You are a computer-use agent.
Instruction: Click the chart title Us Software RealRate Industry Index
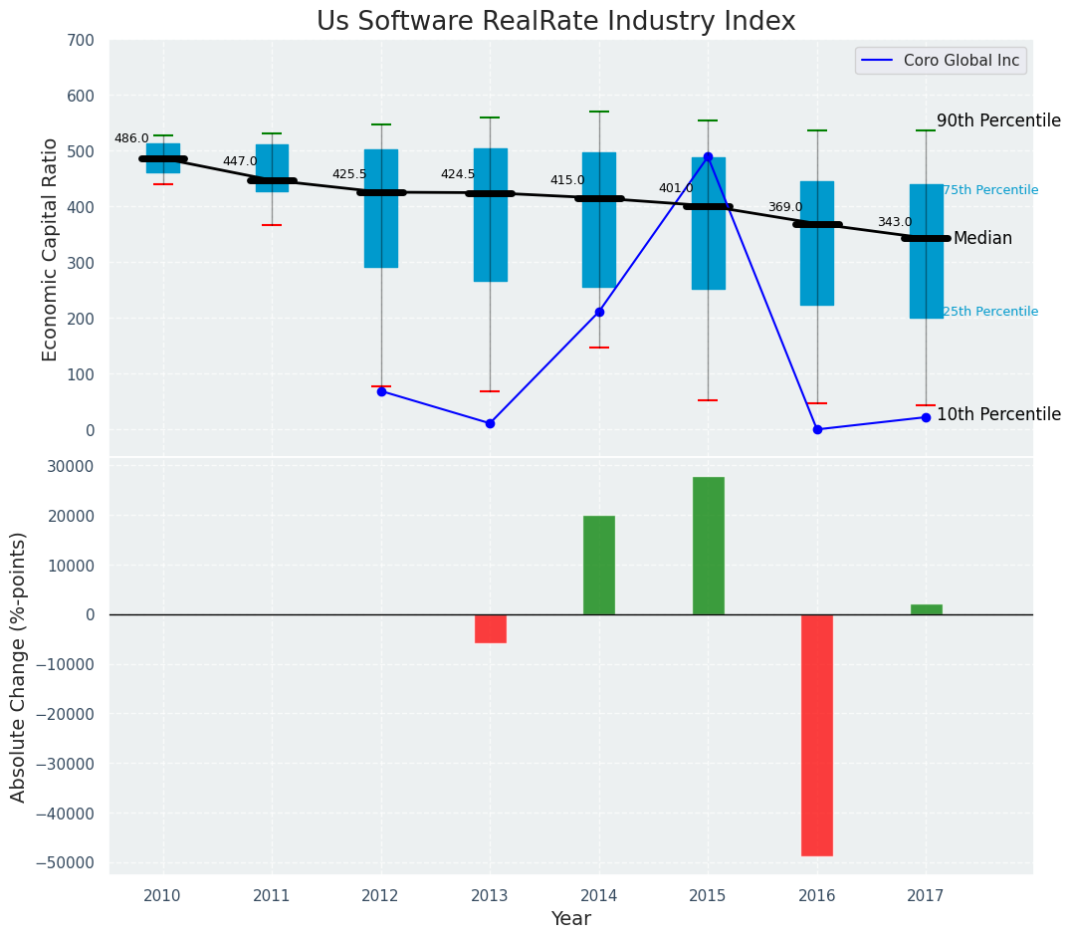click(x=555, y=22)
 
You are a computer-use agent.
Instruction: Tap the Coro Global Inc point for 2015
click(x=708, y=156)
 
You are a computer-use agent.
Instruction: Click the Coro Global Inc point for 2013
click(x=490, y=423)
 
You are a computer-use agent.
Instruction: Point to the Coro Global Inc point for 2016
click(x=817, y=429)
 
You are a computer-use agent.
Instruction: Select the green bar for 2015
click(x=708, y=546)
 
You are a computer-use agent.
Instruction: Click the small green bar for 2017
click(x=926, y=609)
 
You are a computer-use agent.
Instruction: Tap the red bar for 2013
click(x=490, y=628)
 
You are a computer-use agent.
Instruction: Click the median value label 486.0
click(x=131, y=139)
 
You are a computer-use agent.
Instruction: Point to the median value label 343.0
click(x=894, y=223)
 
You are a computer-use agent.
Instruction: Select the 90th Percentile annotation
click(x=998, y=120)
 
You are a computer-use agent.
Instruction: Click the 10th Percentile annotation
click(x=998, y=415)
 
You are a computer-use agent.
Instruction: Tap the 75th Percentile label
click(x=989, y=190)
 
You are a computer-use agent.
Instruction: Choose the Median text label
click(x=982, y=239)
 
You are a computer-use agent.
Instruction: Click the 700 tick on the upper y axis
click(x=81, y=41)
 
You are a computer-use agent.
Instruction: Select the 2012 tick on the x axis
click(x=380, y=896)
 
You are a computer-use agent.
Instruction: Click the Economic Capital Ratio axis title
click(x=51, y=249)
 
